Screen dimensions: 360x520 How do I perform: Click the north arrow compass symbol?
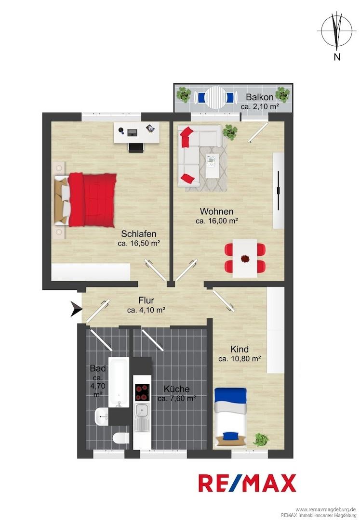(337, 31)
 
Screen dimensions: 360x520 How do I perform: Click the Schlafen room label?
(139, 234)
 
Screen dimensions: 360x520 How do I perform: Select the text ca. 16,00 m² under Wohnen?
(217, 221)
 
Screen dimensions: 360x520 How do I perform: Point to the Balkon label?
(259, 97)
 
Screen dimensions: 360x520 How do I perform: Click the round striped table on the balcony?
(216, 97)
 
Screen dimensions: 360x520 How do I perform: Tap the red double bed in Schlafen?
(92, 200)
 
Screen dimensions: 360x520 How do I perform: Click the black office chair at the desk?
(136, 148)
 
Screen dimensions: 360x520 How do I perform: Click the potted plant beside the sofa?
(230, 131)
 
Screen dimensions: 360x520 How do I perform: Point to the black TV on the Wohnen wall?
(279, 190)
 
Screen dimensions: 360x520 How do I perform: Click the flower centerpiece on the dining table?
(245, 258)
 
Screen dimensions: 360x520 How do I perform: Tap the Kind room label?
(240, 349)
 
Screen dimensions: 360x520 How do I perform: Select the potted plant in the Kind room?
(261, 440)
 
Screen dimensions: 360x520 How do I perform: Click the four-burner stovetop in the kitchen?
(142, 392)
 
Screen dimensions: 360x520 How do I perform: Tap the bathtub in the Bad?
(119, 382)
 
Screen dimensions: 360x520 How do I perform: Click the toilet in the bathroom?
(121, 439)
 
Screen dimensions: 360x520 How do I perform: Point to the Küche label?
(176, 389)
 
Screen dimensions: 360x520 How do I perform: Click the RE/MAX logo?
(247, 483)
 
